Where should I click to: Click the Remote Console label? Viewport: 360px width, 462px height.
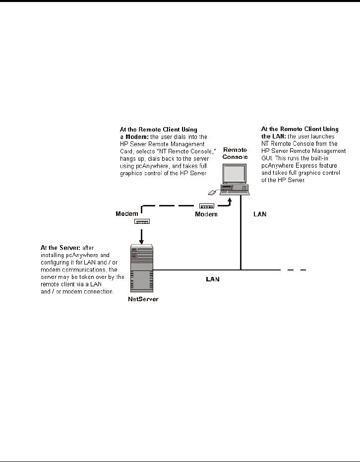(235, 153)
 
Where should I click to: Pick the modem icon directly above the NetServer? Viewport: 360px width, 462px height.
(141, 221)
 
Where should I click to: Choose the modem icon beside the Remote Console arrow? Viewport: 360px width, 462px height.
(206, 205)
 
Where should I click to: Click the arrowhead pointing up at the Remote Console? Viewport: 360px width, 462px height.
(230, 199)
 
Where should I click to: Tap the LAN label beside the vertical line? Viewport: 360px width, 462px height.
(259, 214)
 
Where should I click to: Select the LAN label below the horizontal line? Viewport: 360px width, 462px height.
(213, 279)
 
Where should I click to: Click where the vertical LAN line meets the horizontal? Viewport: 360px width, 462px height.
(241, 270)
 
